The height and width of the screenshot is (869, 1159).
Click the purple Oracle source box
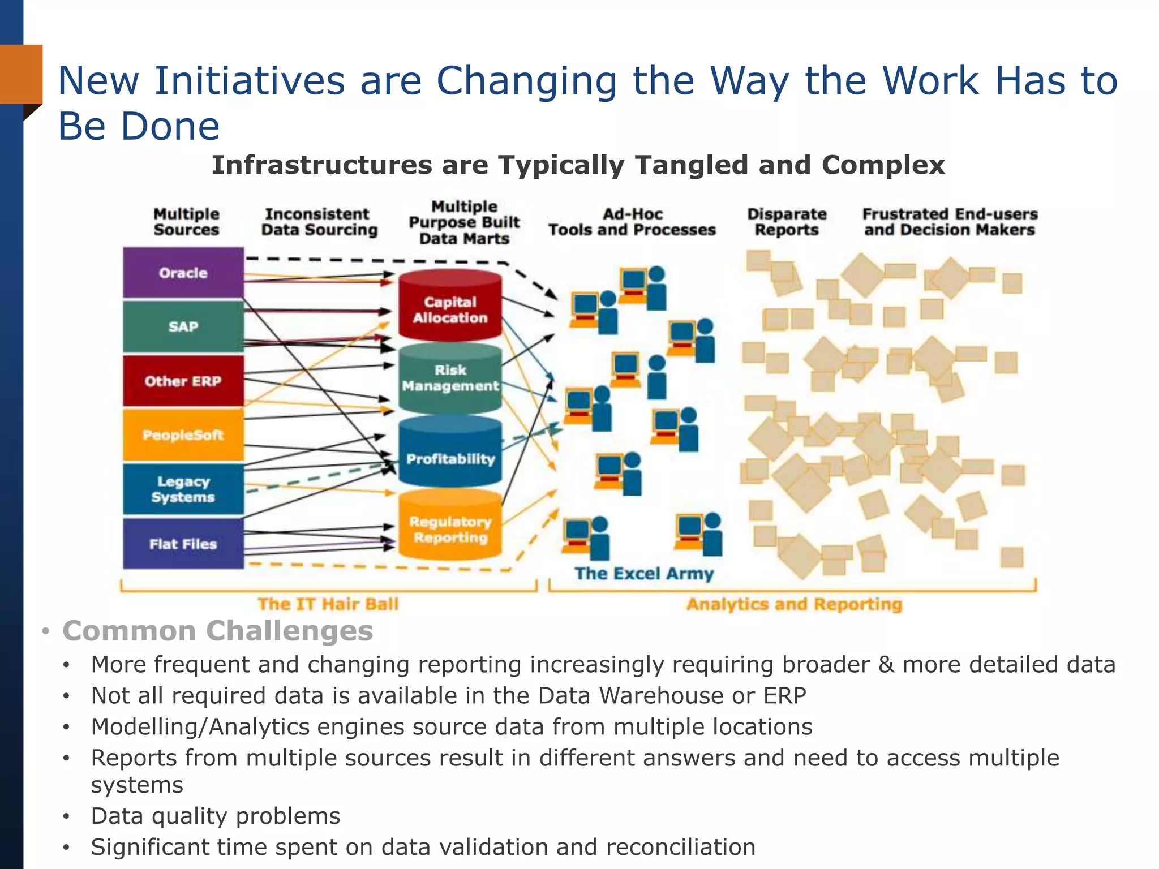click(183, 273)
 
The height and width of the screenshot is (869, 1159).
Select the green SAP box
click(183, 326)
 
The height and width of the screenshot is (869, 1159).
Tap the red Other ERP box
click(183, 381)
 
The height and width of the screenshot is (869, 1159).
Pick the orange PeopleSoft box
click(183, 435)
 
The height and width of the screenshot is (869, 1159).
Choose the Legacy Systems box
click(183, 489)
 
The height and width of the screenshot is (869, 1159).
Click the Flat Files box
click(183, 544)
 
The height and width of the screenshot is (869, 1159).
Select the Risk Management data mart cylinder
click(450, 378)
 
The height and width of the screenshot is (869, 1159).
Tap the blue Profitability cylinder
click(450, 458)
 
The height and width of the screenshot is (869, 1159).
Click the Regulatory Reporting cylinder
click(450, 529)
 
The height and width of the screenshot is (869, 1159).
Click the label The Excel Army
click(644, 573)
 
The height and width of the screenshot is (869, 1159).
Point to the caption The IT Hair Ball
click(328, 604)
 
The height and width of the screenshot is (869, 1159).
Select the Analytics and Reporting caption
click(794, 604)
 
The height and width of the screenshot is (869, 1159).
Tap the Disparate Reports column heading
click(787, 222)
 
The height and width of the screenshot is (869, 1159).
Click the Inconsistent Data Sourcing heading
click(319, 222)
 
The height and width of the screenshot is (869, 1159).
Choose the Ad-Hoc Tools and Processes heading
click(632, 222)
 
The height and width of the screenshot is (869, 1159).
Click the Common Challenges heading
click(217, 630)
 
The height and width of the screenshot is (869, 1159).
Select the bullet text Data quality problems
click(216, 816)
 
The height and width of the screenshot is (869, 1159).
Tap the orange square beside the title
click(21, 74)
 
